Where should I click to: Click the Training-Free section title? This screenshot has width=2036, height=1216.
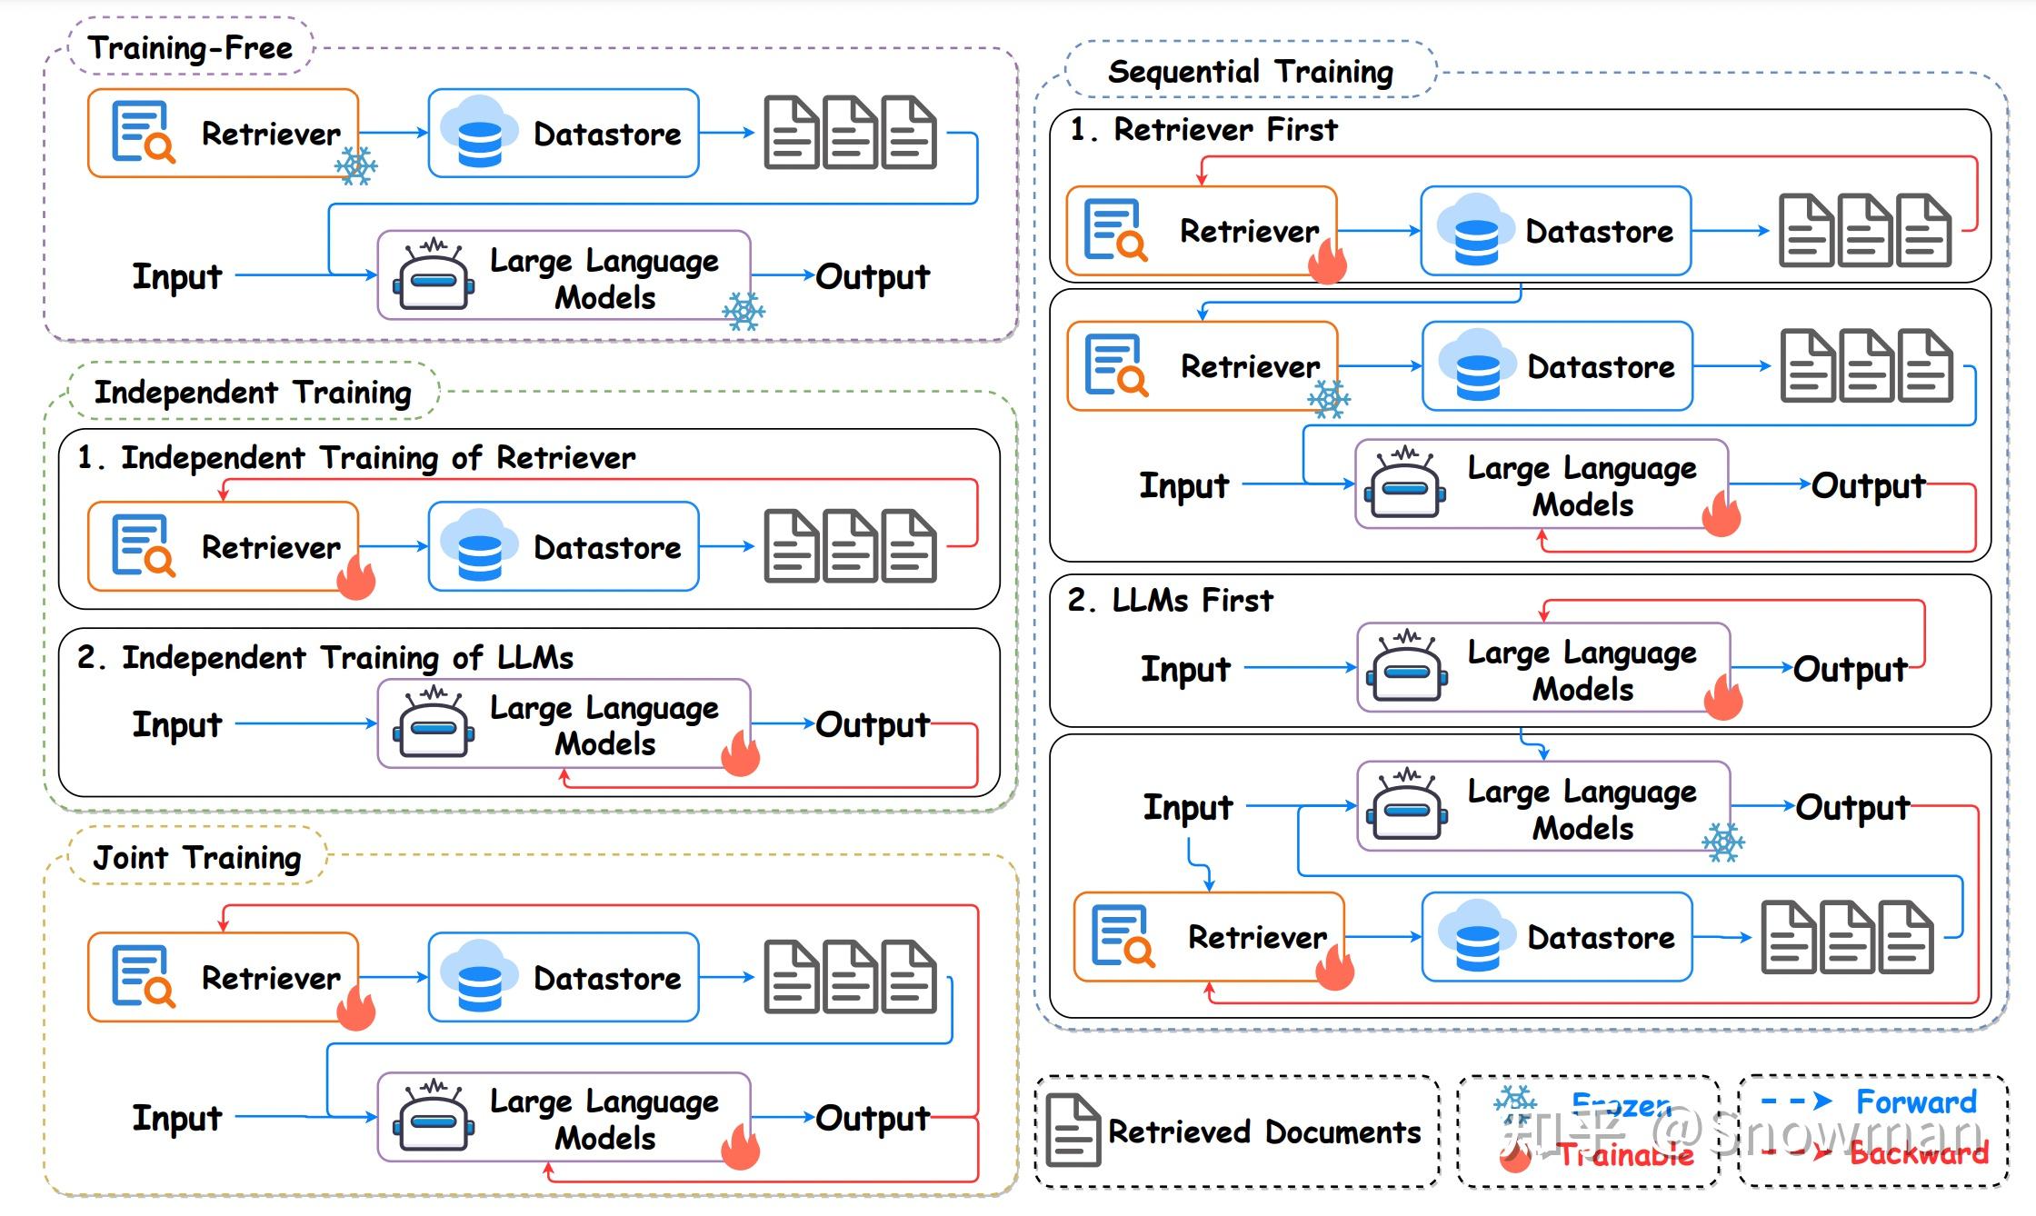[190, 47]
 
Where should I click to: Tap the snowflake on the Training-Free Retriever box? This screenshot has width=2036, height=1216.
[355, 166]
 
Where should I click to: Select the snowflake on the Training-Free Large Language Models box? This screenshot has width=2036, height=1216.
[744, 311]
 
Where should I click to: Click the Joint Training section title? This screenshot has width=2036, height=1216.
[197, 857]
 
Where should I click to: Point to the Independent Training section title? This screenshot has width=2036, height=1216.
[253, 392]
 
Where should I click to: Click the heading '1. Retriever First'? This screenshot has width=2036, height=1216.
[1203, 129]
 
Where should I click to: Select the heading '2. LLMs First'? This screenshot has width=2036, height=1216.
[1171, 600]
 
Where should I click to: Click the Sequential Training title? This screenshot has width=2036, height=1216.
[1251, 71]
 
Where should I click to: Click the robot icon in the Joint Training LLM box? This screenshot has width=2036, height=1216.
[434, 1117]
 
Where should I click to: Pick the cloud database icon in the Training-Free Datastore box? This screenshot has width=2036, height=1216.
[478, 133]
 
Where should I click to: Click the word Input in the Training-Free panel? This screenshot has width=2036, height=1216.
[177, 275]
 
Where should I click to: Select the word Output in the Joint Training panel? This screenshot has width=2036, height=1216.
[873, 1118]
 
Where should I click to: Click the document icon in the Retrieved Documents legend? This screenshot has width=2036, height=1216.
[1073, 1131]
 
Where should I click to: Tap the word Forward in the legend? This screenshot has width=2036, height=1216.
[1916, 1101]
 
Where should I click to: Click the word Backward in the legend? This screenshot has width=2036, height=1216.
[1919, 1152]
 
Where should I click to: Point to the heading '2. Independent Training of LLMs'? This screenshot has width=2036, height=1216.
[325, 656]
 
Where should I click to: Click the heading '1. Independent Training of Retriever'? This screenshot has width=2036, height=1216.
[356, 457]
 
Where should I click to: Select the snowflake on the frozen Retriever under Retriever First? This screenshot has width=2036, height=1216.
[1328, 398]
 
